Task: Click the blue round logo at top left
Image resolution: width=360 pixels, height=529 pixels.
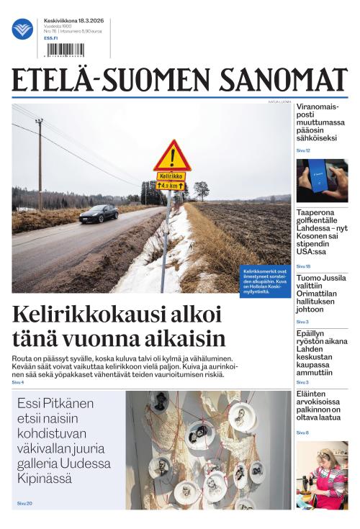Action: (x=22, y=30)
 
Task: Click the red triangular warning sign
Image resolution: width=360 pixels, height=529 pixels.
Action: (x=171, y=156)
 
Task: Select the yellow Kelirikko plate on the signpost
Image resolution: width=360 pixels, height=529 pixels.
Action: (x=171, y=176)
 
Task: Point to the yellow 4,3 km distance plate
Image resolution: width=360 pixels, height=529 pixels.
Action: (x=171, y=186)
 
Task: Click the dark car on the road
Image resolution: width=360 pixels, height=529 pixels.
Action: (x=98, y=213)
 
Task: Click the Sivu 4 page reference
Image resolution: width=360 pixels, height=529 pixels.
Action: (x=17, y=382)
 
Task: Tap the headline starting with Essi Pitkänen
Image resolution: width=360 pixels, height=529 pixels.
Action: (x=60, y=440)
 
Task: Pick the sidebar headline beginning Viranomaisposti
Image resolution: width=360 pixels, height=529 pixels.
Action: (x=321, y=122)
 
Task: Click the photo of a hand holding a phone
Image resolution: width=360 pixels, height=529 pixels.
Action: (x=322, y=180)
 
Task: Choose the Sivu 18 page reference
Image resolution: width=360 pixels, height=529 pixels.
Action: (x=303, y=266)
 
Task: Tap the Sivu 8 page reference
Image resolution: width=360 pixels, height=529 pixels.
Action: (x=302, y=433)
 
